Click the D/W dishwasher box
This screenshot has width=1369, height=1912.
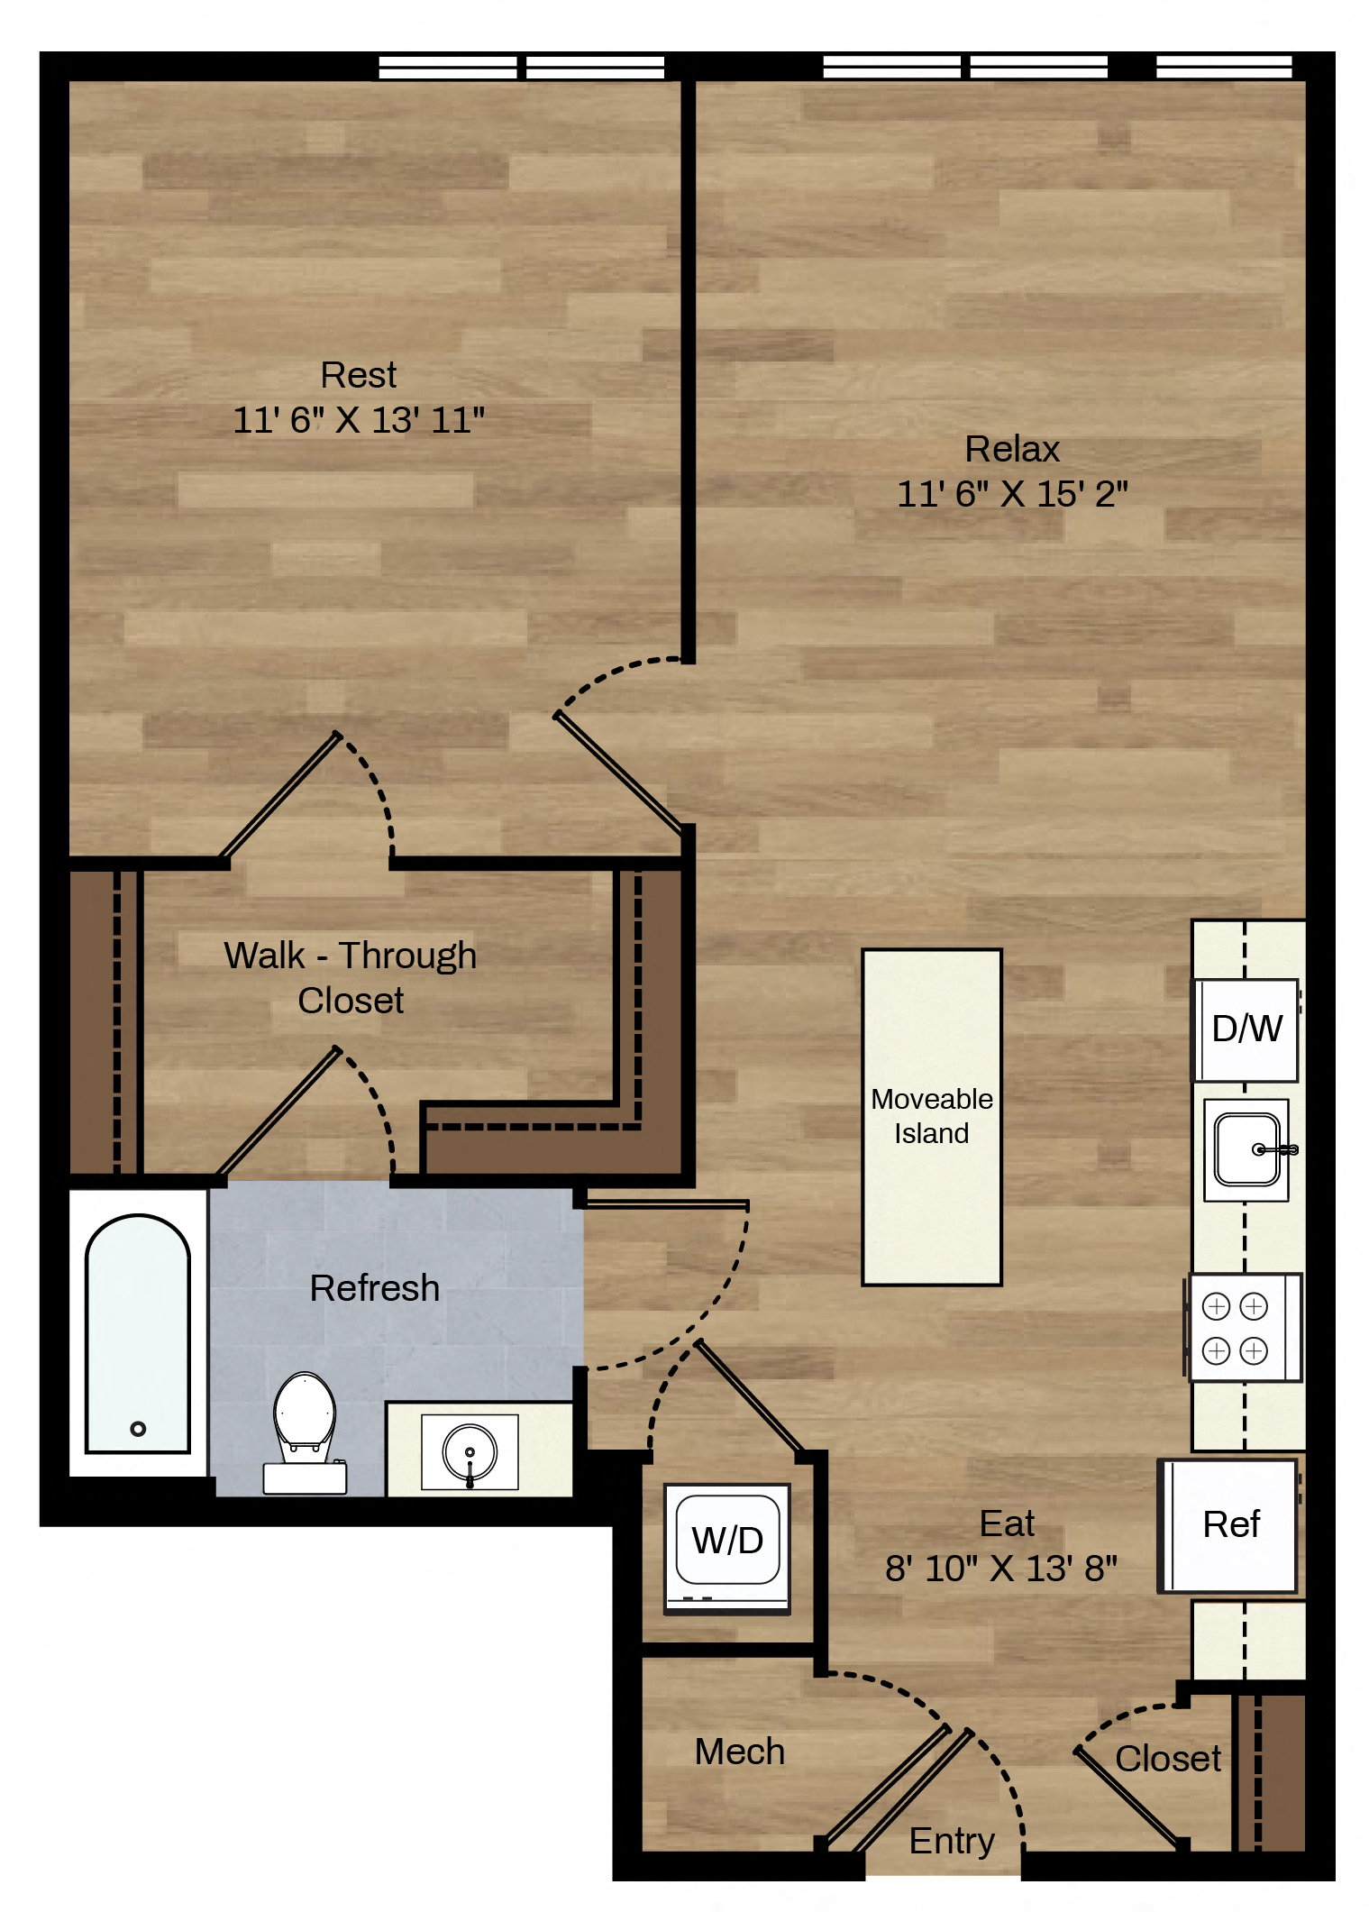1246,1029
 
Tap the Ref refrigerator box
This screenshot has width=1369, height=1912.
1228,1525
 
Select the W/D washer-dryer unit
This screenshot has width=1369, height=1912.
727,1548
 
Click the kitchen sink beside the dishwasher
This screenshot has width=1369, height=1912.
1247,1149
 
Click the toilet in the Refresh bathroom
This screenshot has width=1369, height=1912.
305,1432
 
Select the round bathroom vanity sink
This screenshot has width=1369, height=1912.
470,1452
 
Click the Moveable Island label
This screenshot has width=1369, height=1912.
932,1116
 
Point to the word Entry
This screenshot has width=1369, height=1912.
952,1842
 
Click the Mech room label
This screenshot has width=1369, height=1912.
740,1752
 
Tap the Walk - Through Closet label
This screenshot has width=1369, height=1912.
351,978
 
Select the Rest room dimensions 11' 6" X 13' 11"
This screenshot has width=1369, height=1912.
359,420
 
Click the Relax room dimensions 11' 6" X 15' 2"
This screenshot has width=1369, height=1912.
1012,494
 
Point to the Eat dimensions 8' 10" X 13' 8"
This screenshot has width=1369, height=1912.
1001,1569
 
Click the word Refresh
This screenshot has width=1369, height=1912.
375,1288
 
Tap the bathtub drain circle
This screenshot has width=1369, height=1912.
138,1428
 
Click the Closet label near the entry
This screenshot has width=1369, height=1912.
1168,1759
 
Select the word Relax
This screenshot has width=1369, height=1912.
1012,449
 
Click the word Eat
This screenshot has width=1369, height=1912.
1007,1523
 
